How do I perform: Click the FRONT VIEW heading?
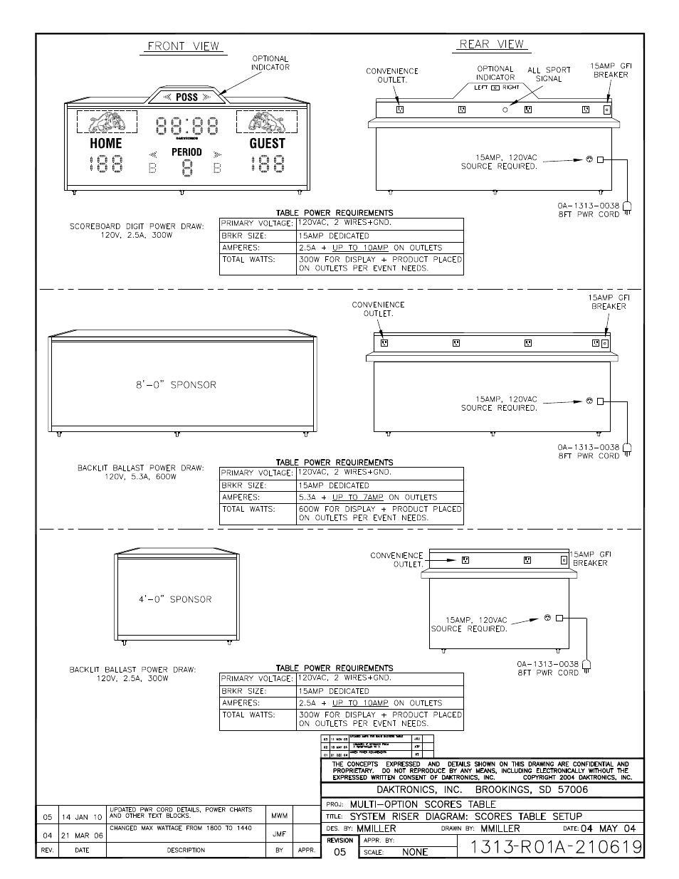184,46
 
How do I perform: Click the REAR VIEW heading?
491,44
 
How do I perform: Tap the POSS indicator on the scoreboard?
186,98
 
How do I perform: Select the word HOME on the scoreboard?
106,143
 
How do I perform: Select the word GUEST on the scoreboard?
267,143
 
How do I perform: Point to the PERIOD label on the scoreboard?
186,152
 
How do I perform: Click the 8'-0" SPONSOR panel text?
176,384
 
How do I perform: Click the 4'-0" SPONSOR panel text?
175,599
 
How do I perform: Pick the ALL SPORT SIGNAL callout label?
549,74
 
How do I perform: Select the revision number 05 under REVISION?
339,851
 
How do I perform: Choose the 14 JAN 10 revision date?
82,817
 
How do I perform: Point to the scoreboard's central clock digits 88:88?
186,126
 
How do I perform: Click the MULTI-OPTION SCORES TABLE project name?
423,804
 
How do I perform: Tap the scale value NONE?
415,852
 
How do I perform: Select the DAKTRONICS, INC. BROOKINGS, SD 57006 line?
482,789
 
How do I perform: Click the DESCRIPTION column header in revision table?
186,850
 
